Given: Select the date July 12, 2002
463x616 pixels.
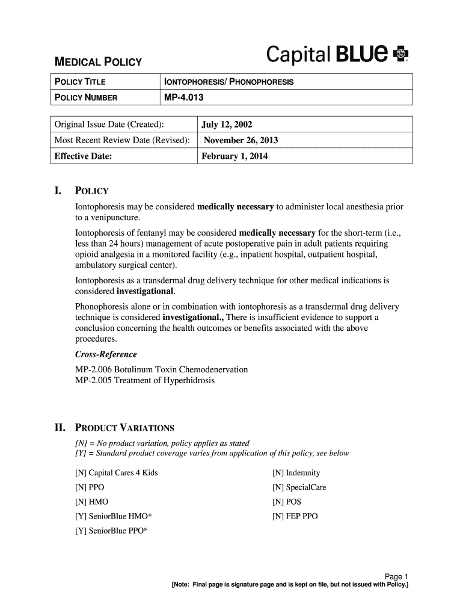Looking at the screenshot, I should coord(227,125).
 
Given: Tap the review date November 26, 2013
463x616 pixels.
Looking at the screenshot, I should coord(241,141).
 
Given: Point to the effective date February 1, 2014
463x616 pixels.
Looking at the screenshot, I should coord(235,156).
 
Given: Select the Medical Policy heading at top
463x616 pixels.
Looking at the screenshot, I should coord(98,62).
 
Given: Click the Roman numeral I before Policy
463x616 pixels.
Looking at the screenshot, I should coord(58,191).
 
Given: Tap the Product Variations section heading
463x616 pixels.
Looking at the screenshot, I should coord(124,428).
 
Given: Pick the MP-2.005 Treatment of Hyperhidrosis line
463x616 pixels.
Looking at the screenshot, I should coord(144,380).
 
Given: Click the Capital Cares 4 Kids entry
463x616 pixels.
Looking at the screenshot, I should coord(116,473).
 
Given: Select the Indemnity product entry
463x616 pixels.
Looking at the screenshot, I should coord(296,473).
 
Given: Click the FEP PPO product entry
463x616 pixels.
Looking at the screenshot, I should coord(295,516).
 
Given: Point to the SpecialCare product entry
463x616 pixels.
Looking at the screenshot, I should coord(299,487).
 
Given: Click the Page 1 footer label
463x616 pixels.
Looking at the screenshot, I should coord(396,576).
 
